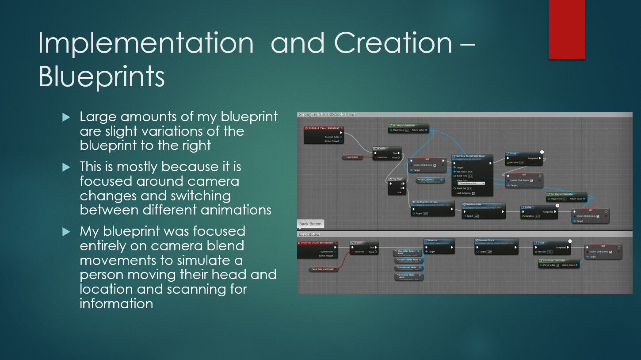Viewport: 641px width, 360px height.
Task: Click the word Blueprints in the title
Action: [x=102, y=77]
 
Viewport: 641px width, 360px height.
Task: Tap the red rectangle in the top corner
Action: [x=566, y=29]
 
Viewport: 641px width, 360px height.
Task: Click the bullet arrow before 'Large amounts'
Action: [x=66, y=117]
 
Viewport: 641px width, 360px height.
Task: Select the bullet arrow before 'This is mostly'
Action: [x=66, y=167]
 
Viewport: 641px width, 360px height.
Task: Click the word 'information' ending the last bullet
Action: [x=116, y=303]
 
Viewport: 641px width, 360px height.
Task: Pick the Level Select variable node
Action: [x=352, y=157]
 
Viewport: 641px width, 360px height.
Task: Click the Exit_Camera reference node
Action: [x=430, y=180]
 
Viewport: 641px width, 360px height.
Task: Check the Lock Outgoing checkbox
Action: [x=473, y=193]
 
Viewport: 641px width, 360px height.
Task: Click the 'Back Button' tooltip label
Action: [x=310, y=224]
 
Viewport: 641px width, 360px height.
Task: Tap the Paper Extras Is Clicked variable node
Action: [x=323, y=269]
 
